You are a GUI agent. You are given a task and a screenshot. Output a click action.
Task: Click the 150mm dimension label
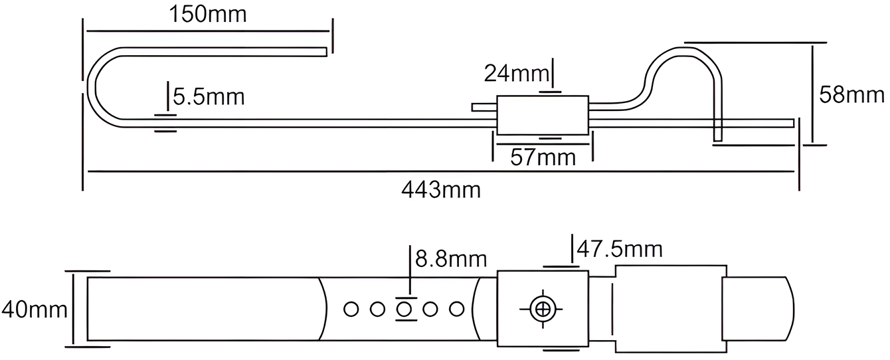(207, 14)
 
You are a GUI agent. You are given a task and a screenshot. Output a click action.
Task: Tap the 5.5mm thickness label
(209, 97)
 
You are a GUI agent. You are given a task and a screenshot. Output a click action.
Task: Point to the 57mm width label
(542, 157)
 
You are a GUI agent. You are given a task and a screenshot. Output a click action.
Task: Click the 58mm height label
(851, 95)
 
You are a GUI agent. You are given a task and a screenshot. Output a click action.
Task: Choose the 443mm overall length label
(440, 190)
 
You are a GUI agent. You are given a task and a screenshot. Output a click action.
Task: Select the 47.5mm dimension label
(619, 249)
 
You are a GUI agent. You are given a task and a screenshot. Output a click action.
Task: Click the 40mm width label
(34, 310)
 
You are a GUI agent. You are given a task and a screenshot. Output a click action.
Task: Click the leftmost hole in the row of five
(351, 309)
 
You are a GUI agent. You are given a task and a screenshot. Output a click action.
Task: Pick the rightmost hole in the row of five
(456, 309)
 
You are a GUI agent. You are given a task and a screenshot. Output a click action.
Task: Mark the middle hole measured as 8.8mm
(404, 309)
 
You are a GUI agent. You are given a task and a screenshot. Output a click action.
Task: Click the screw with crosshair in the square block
(543, 309)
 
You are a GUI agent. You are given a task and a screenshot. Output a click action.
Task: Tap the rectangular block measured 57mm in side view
(542, 115)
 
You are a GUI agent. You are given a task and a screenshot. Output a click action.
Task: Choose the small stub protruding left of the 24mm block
(482, 107)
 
